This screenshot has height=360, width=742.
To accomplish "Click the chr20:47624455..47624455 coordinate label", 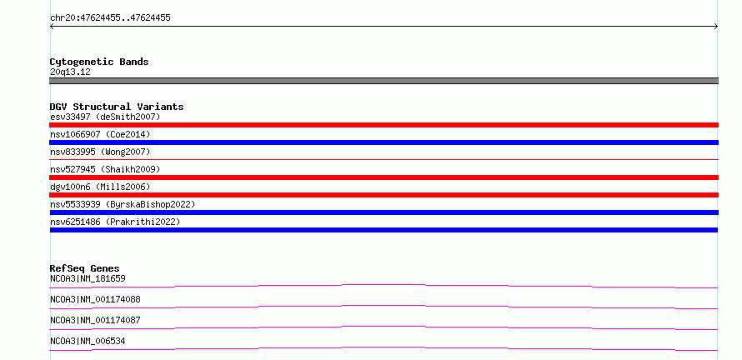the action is pos(110,18).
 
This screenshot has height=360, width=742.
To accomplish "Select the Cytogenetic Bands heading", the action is pos(99,62).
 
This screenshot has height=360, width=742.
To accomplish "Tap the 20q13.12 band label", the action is pos(70,72).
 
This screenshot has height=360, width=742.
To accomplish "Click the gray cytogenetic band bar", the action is pos(384,81).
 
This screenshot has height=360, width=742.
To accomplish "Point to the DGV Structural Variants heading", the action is pos(117,107).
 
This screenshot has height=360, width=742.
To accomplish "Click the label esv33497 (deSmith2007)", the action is pos(105,117).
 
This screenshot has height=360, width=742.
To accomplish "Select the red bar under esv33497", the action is pos(384,125).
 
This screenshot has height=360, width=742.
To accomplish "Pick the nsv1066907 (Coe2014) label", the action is pos(100,134).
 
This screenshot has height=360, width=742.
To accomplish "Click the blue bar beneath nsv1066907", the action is pos(384,142).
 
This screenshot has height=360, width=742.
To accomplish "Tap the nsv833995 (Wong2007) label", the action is pos(100,152).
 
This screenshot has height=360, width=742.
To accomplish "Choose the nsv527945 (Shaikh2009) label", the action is pos(105,169).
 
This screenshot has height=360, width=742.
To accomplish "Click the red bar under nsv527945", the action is pos(384,177).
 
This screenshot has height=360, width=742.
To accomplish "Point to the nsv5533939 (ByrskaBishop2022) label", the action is pos(123,204).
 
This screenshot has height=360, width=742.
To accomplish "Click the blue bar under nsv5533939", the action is pos(384,212).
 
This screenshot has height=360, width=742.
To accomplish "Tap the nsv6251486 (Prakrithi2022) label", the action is pos(115,222).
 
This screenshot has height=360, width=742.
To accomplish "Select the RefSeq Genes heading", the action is pos(85,268).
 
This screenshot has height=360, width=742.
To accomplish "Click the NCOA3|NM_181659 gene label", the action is pos(88,278).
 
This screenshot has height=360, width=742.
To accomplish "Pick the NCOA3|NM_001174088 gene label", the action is pos(95,299).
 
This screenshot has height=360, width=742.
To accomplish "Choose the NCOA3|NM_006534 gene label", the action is pos(88,341).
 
